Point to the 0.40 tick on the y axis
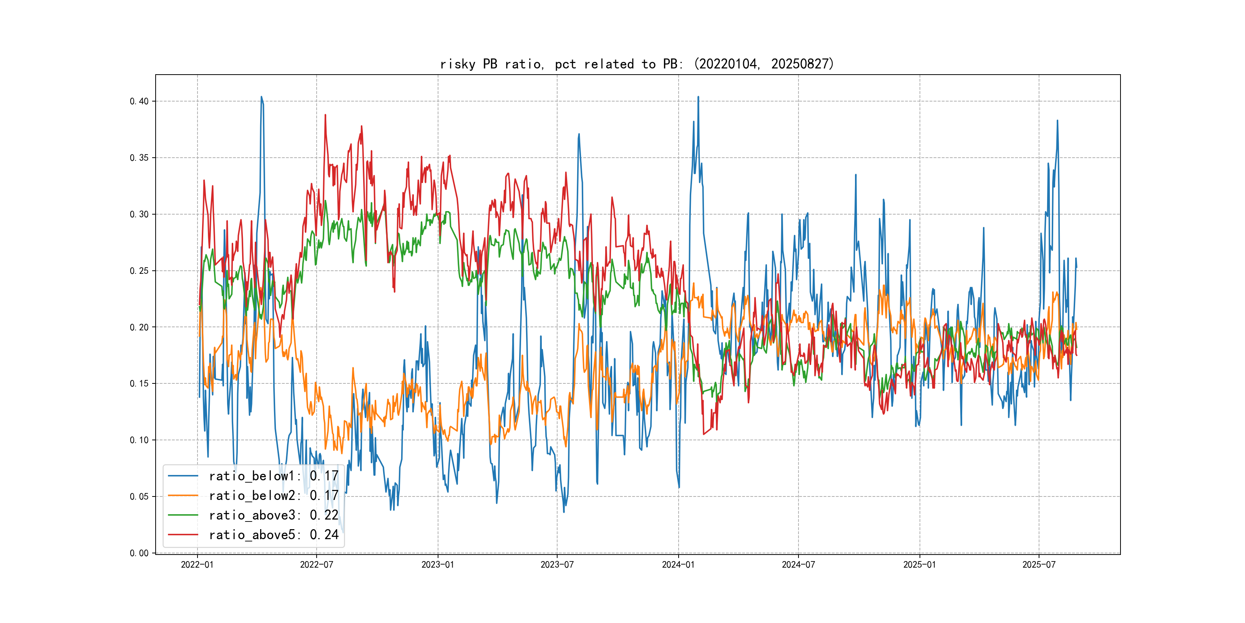click(x=139, y=101)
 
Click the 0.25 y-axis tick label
click(x=139, y=271)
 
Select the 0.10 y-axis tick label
click(x=139, y=440)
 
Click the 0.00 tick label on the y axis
click(x=139, y=553)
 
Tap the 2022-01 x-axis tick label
click(x=197, y=565)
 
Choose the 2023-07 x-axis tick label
click(x=557, y=565)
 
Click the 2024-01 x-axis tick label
click(x=678, y=565)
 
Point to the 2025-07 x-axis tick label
click(x=1039, y=565)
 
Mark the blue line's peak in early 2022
click(x=261, y=97)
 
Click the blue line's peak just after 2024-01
click(x=698, y=97)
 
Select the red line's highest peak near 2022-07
click(x=325, y=115)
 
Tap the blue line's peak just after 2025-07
click(x=1057, y=120)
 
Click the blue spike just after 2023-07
click(x=579, y=135)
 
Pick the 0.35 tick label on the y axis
click(x=139, y=158)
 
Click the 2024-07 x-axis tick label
click(x=798, y=565)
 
